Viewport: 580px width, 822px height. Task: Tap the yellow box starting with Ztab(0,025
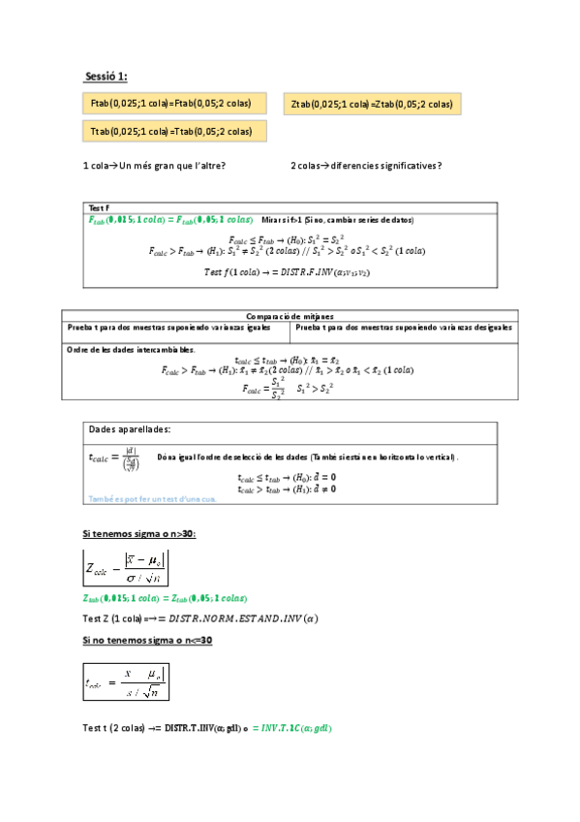(x=372, y=104)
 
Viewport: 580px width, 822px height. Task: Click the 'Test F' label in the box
(x=99, y=208)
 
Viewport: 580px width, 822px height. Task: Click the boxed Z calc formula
(x=127, y=567)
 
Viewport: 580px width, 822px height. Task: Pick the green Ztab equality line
(x=167, y=598)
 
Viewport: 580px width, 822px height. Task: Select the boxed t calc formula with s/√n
(x=127, y=680)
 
